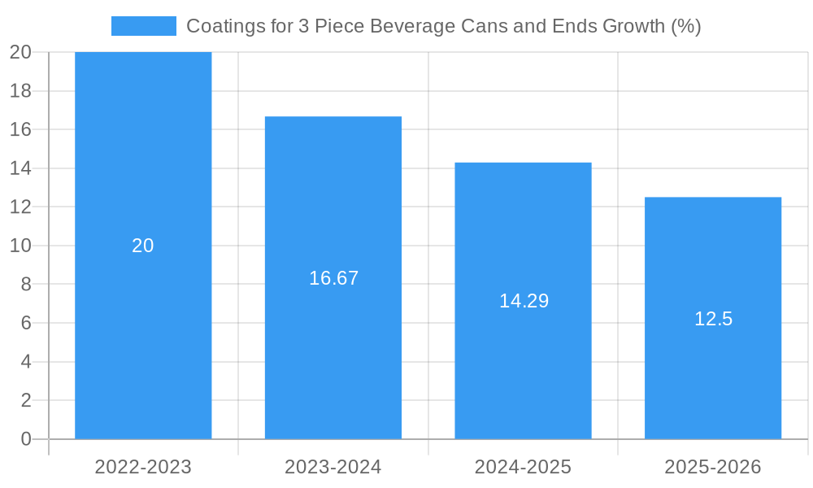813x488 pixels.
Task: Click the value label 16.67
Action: click(333, 278)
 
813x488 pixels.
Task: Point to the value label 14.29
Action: click(524, 301)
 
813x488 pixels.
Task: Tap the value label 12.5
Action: click(713, 319)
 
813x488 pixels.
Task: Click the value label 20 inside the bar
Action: click(143, 246)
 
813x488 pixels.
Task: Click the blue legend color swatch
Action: click(144, 26)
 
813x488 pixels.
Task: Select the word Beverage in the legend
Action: click(407, 26)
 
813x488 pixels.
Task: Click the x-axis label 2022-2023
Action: click(143, 467)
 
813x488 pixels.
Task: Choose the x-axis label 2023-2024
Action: click(333, 467)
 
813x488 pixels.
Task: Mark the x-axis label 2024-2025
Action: click(523, 467)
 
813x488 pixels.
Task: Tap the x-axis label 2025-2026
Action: click(713, 467)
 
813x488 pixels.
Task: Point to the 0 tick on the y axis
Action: click(25, 439)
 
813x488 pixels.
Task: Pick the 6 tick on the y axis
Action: click(25, 323)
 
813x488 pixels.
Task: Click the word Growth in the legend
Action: click(632, 26)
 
